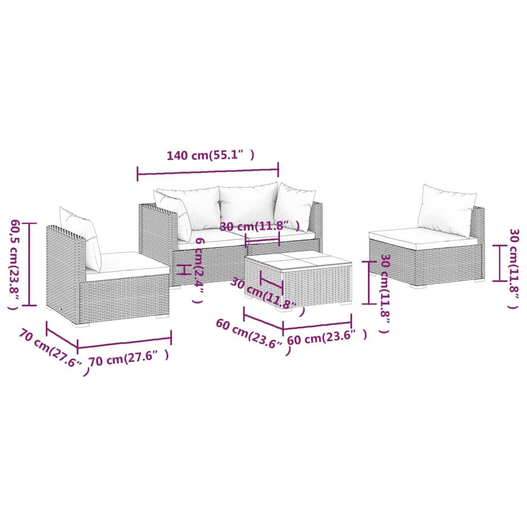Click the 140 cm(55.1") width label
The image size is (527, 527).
pos(210,155)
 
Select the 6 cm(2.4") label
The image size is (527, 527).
pos(198,271)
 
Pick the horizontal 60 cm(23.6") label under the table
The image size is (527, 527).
pos(327,338)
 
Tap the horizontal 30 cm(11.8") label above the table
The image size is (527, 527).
pos(259,226)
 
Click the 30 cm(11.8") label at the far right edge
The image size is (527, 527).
pos(512,268)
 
